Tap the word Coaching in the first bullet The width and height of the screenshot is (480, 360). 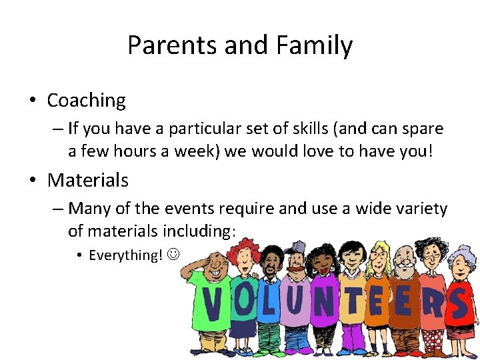click(x=86, y=101)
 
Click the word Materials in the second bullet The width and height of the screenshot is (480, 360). click(x=88, y=180)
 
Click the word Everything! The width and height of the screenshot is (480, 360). click(x=126, y=255)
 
